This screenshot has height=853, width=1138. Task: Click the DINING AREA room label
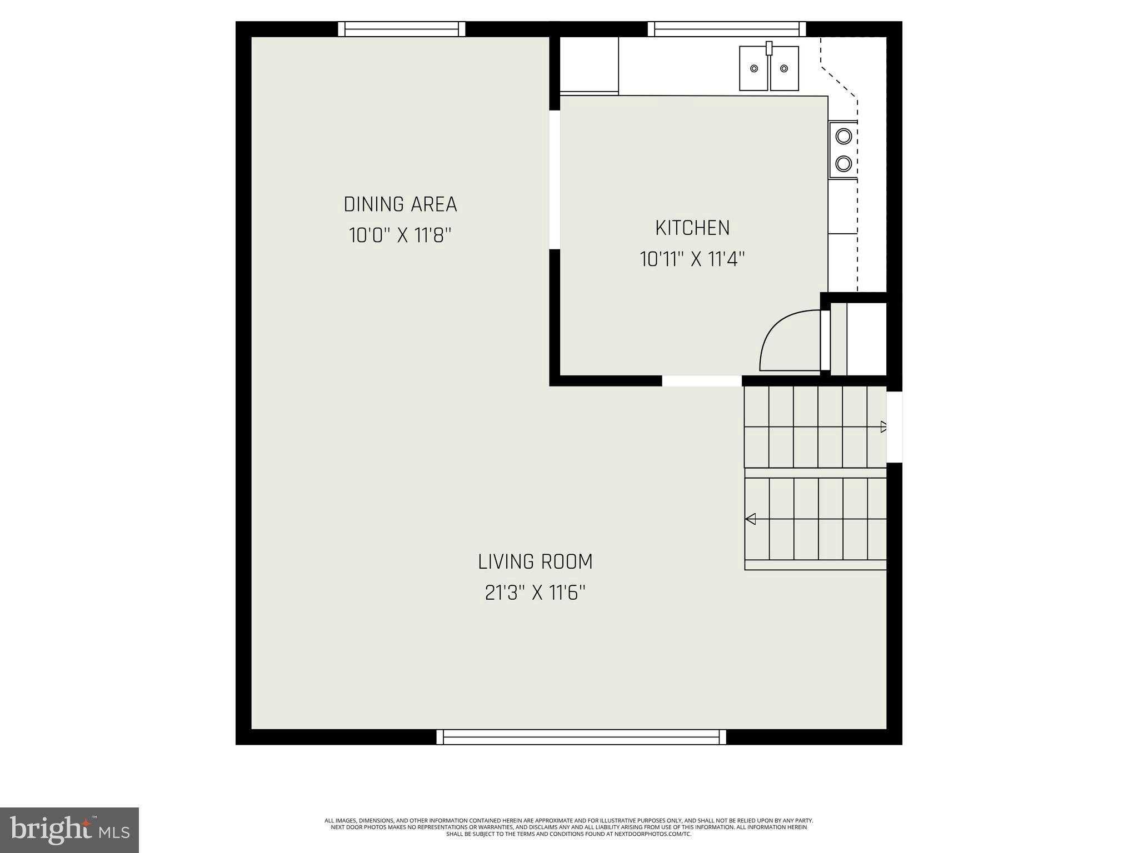point(400,204)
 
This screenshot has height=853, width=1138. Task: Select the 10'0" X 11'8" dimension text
point(400,235)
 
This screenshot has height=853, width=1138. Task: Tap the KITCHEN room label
point(692,228)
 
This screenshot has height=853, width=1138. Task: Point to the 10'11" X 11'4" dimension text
point(692,259)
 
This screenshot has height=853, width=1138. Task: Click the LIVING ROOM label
point(535,561)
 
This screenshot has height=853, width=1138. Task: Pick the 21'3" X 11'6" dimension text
point(535,593)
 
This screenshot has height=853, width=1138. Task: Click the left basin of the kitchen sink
point(753,69)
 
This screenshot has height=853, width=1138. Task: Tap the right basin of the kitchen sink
point(784,69)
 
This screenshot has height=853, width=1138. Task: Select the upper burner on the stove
point(843,136)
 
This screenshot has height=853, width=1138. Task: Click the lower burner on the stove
point(843,163)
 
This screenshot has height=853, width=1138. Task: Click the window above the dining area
point(402,29)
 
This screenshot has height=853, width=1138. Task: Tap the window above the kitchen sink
point(727,29)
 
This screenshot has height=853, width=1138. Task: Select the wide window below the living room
point(581,737)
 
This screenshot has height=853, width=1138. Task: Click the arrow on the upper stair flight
point(883,426)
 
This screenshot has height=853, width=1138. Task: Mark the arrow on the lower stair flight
point(751,519)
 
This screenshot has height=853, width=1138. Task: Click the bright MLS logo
point(69,830)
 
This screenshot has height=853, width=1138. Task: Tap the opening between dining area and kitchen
point(555,179)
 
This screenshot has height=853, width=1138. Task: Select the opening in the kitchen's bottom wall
point(702,380)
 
